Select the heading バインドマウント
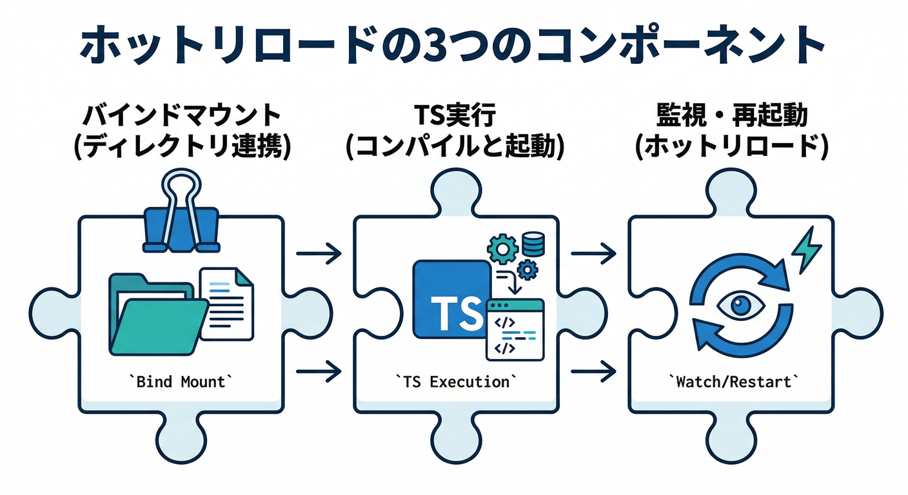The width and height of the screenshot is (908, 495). (182, 116)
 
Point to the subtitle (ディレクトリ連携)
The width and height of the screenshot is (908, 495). (182, 147)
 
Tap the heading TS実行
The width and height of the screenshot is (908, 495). (455, 116)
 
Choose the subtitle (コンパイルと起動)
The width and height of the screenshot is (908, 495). (455, 147)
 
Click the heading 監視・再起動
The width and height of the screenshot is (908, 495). (731, 116)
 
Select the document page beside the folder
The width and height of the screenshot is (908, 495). (227, 304)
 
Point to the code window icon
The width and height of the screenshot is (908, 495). (515, 329)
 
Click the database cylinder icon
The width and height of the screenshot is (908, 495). (533, 244)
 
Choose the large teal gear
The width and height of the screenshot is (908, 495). (500, 247)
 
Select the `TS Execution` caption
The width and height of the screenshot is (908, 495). (455, 382)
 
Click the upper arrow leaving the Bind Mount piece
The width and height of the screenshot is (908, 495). (319, 253)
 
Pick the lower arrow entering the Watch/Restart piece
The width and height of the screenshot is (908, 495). (593, 371)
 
